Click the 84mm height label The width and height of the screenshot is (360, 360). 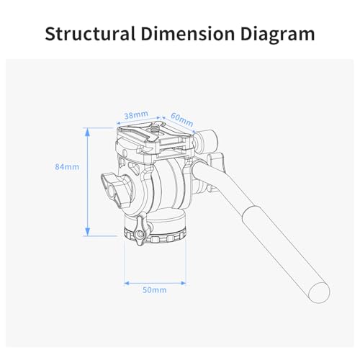tap(67, 166)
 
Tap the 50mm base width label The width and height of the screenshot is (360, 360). tap(155, 290)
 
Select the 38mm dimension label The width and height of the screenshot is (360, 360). tap(136, 115)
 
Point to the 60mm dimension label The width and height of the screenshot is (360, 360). tap(182, 120)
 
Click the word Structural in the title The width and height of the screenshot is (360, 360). tap(90, 34)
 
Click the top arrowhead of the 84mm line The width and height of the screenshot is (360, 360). tap(87, 132)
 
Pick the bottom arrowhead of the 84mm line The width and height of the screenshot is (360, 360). tap(87, 232)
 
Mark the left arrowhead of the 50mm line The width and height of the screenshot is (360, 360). tap(127, 284)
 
